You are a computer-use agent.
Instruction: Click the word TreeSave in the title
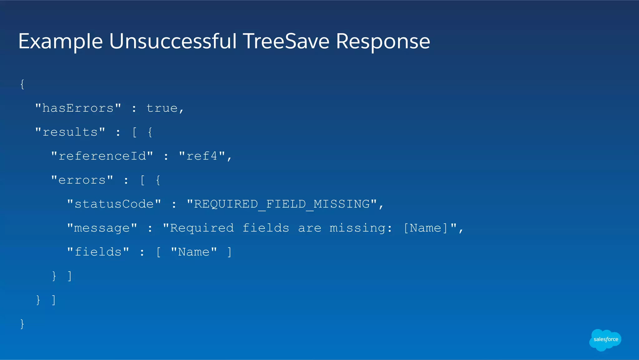coord(286,41)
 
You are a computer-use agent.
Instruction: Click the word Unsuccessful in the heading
coord(173,41)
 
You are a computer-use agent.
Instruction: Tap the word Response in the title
coord(383,41)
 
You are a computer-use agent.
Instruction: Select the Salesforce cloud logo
coord(605,340)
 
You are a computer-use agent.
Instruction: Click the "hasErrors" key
coord(78,108)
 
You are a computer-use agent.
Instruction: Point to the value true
coord(162,108)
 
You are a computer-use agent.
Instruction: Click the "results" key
coord(70,132)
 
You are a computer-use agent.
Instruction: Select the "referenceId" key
coord(102,156)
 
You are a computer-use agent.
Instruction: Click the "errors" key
coord(82,180)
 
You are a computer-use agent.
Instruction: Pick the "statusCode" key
coord(114,204)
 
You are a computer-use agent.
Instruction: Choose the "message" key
coord(102,228)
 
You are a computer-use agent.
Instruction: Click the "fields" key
coord(98,252)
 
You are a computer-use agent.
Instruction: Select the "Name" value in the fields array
coord(194,252)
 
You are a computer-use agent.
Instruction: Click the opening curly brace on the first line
coord(22,84)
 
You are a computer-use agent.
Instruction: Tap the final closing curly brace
coord(22,324)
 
